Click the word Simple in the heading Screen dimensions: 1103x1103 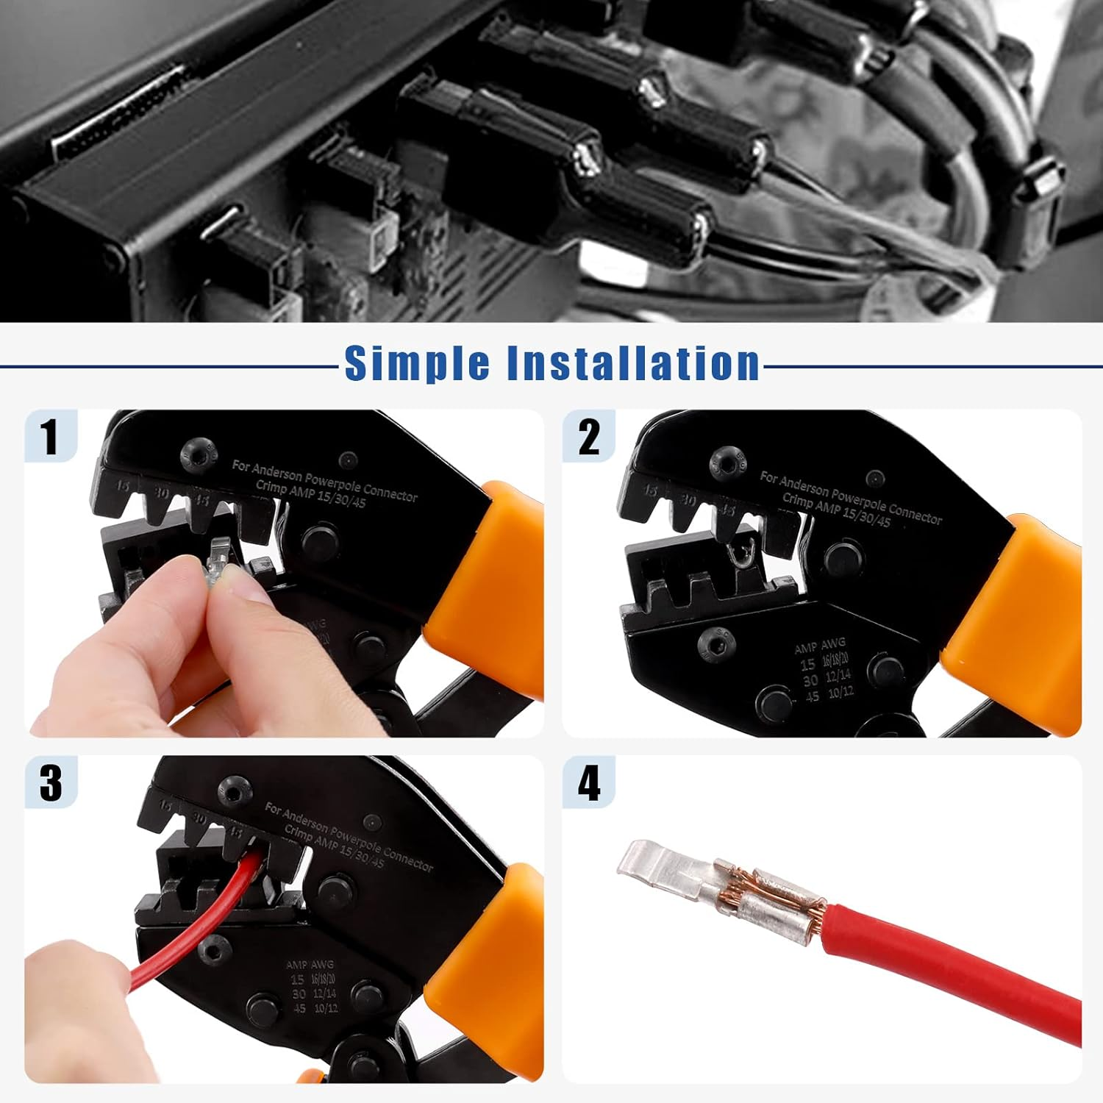click(418, 363)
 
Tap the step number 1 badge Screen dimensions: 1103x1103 click(50, 436)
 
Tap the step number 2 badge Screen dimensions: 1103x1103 click(589, 437)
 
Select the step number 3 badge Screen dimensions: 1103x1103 click(51, 782)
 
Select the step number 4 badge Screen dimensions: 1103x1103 click(589, 782)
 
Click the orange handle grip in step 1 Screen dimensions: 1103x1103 click(489, 574)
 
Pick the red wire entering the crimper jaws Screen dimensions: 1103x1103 click(221, 919)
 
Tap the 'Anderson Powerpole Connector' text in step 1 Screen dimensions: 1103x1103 click(324, 482)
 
